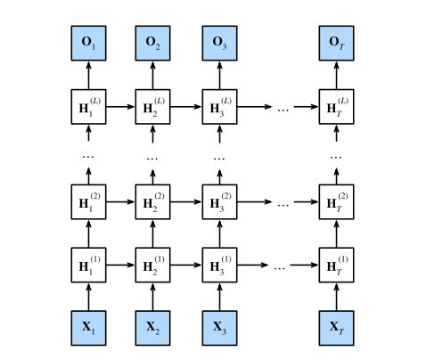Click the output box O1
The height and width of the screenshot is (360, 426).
[x=88, y=43]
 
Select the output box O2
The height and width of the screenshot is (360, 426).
[x=153, y=43]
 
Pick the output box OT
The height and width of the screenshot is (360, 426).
[x=336, y=43]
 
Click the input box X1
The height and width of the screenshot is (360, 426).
[x=88, y=326]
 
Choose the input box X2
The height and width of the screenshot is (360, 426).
[x=153, y=326]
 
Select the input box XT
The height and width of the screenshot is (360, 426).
[x=336, y=326]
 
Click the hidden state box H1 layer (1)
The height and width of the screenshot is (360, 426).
[x=88, y=265]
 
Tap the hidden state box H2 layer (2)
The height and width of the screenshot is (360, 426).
[x=153, y=201]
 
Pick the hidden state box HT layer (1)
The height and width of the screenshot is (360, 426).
[x=336, y=265]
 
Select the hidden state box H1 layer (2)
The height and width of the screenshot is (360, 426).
[x=88, y=201]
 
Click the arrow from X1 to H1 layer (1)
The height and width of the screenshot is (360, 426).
[x=88, y=295]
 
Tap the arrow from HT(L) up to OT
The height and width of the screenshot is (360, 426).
[x=336, y=74]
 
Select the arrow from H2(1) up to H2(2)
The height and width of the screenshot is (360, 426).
[x=153, y=233]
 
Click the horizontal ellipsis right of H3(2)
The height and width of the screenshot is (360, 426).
[x=283, y=202]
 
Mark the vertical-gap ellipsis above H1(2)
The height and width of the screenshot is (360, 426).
[x=88, y=155]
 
